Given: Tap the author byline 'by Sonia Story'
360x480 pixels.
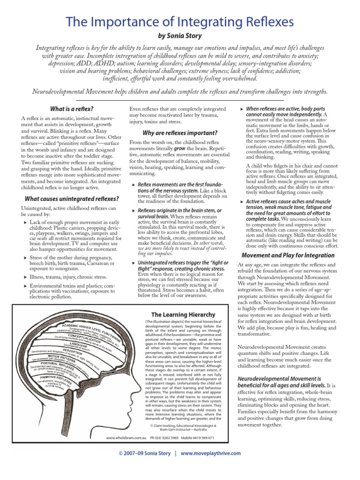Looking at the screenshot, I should click(x=180, y=36).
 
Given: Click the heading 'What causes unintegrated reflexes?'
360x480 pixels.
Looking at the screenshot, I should click(x=72, y=199).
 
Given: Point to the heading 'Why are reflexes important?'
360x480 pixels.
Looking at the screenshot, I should click(x=180, y=133).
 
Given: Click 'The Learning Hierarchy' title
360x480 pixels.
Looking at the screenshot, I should click(x=183, y=315).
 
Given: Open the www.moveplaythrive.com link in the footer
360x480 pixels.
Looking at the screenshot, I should click(x=210, y=453).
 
